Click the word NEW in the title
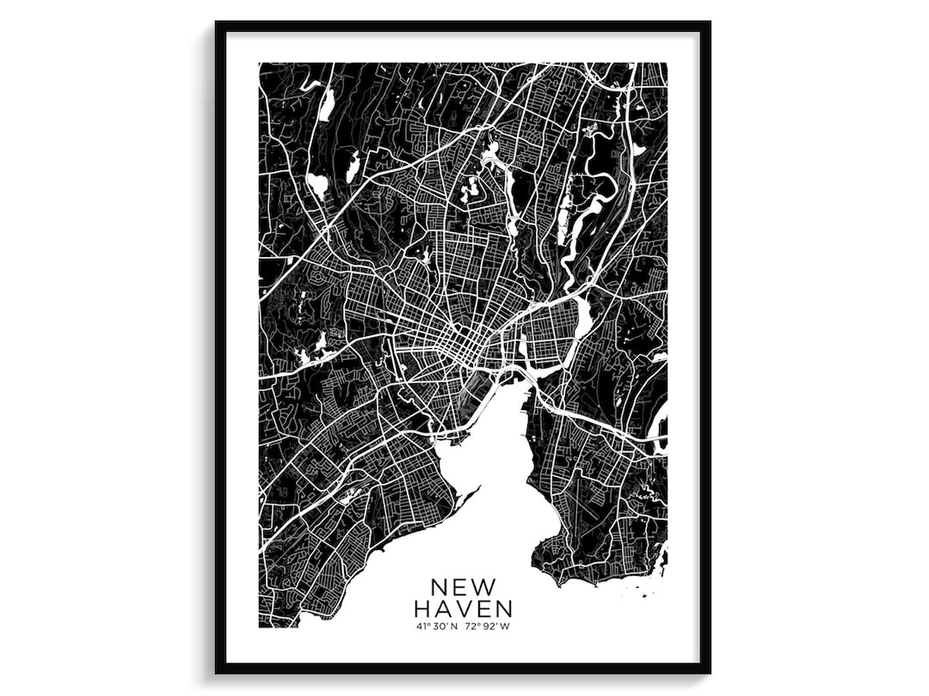point(463,587)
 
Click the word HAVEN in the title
point(463,609)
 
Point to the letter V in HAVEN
point(464,609)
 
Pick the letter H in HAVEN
point(423,609)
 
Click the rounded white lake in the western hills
point(317,183)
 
